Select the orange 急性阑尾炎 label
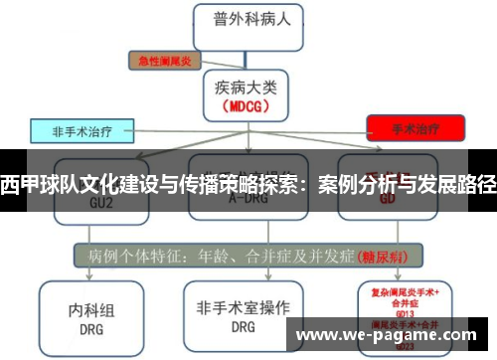[x=164, y=60]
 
